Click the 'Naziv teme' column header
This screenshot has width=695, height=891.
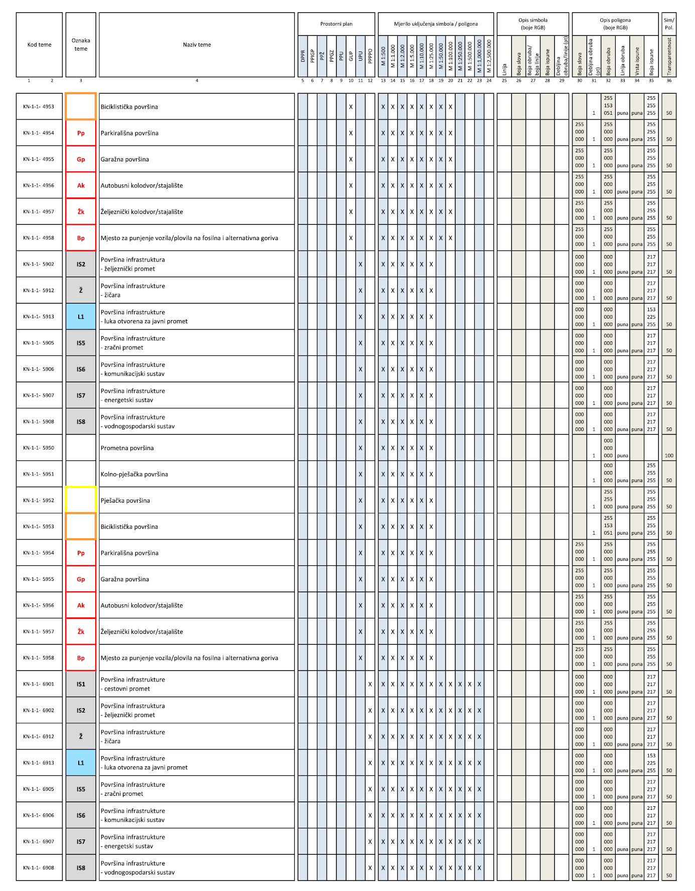pos(197,45)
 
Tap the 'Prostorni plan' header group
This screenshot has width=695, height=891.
pos(336,24)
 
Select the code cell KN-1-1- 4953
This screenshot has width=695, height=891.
pos(39,107)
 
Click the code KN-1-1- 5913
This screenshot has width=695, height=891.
pos(39,317)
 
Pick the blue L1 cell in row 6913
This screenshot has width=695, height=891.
pos(81,763)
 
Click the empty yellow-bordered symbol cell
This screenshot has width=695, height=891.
pos(81,500)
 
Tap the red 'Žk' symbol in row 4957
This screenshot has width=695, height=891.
pos(81,212)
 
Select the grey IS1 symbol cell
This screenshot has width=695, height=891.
pos(81,684)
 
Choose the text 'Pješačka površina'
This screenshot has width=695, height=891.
pos(125,501)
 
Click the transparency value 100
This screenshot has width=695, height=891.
pos(669,456)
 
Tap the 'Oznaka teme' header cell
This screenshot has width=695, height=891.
pos(81,45)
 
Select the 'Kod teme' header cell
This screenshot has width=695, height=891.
pos(39,45)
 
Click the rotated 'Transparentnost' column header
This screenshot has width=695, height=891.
pos(669,56)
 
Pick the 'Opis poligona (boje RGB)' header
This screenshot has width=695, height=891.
pos(615,24)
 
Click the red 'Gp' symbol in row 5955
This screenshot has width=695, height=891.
pos(81,579)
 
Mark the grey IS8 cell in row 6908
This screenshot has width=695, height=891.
pos(81,867)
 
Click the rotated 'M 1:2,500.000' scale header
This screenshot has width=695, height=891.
pos(489,56)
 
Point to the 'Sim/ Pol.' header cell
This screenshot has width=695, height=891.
pos(669,24)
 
